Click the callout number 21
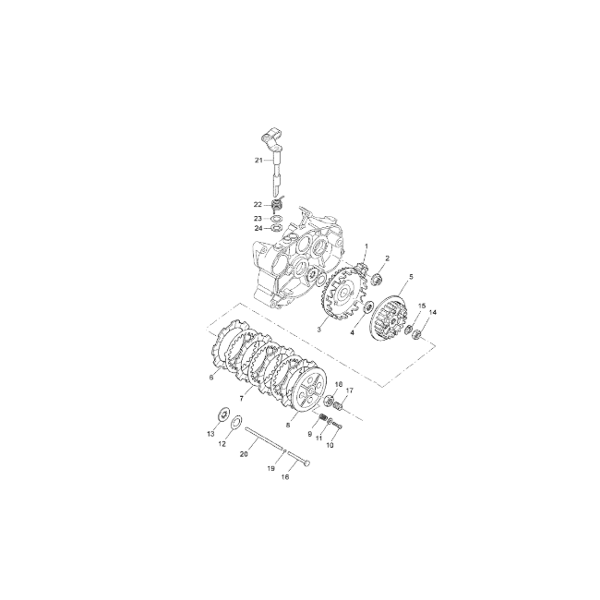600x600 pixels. click(x=258, y=161)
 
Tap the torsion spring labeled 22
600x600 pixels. click(x=278, y=205)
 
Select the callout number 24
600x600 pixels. click(x=258, y=228)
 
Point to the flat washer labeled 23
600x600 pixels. click(x=277, y=219)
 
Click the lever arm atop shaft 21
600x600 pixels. click(x=271, y=138)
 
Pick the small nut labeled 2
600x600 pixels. click(x=377, y=279)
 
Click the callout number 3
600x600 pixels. click(x=319, y=330)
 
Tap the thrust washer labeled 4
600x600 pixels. click(x=369, y=306)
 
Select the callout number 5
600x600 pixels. click(x=412, y=276)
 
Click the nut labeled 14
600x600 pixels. click(x=418, y=333)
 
